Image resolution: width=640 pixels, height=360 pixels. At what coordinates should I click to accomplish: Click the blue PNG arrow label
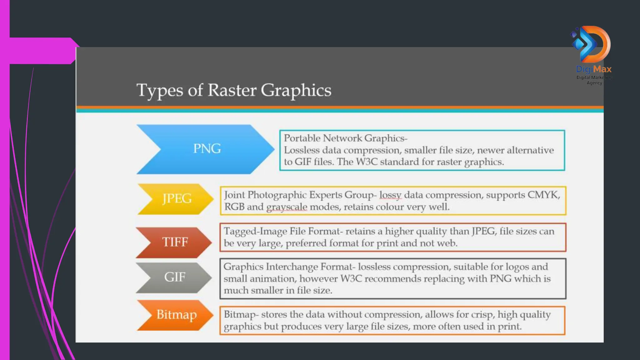point(207,149)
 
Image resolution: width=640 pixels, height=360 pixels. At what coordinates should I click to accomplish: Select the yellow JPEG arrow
point(177,199)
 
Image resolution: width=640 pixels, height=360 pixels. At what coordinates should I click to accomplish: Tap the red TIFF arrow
point(175,242)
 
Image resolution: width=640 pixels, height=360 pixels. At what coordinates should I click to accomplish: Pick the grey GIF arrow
point(175,277)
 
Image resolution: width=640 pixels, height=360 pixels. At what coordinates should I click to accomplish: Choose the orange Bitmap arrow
point(176,315)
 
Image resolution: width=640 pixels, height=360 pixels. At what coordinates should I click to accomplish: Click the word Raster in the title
point(232,90)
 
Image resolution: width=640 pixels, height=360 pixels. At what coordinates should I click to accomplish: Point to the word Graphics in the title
point(296,91)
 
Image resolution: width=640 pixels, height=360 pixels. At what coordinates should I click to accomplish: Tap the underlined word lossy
point(390,195)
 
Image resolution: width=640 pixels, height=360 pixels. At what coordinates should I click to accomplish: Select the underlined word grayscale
point(287,207)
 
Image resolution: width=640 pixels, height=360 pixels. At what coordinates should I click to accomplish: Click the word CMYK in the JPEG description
point(543,195)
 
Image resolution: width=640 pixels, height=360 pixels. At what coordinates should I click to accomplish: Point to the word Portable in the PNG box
point(302,138)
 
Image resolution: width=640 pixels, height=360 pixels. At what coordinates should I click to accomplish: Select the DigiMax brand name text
point(594,69)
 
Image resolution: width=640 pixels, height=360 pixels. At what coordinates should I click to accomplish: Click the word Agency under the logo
point(594,83)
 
